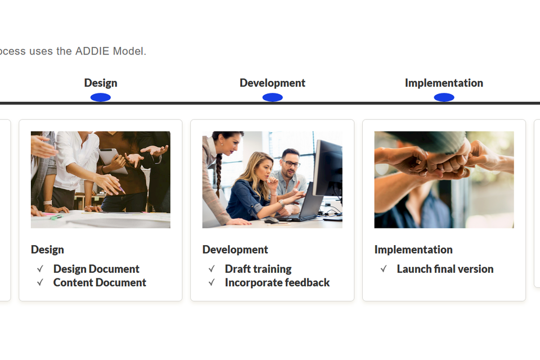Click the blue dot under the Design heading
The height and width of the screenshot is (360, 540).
pyautogui.click(x=101, y=97)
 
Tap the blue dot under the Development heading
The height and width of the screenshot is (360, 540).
pyautogui.click(x=272, y=97)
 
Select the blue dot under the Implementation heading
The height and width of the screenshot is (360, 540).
pyautogui.click(x=444, y=97)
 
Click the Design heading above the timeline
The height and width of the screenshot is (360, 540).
pyautogui.click(x=101, y=83)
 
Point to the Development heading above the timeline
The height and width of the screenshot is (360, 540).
pyautogui.click(x=272, y=83)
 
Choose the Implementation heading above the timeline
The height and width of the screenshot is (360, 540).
pyautogui.click(x=444, y=83)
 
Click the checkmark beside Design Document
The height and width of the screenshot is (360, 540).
pyautogui.click(x=40, y=269)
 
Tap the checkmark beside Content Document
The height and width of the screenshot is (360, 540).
pyautogui.click(x=40, y=282)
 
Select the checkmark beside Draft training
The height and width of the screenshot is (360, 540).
pyautogui.click(x=212, y=269)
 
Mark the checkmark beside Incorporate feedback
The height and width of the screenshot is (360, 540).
pyautogui.click(x=212, y=282)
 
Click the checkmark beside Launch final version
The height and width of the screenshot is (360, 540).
pyautogui.click(x=384, y=269)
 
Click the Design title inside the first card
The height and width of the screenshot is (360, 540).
pyautogui.click(x=47, y=249)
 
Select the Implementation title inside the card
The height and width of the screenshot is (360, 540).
pyautogui.click(x=413, y=249)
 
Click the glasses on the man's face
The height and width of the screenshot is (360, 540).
pyautogui.click(x=291, y=163)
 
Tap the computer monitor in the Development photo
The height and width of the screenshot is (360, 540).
pyautogui.click(x=327, y=168)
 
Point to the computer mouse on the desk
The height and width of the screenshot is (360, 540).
pyautogui.click(x=271, y=220)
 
